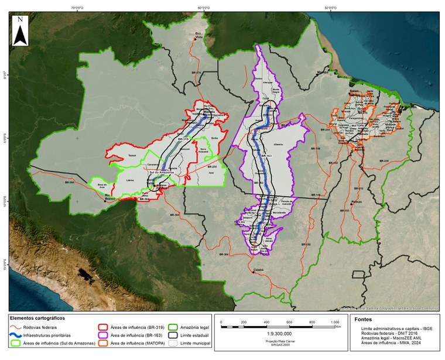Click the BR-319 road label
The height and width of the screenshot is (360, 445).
pyautogui.click(x=183, y=140)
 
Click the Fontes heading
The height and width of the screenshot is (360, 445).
pyautogui.click(x=361, y=319)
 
